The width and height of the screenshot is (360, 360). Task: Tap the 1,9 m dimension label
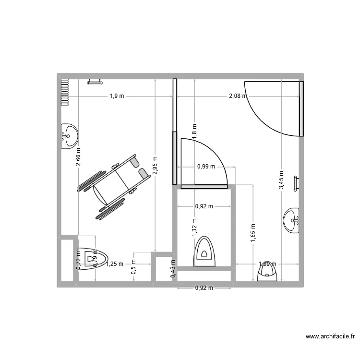pyautogui.click(x=117, y=96)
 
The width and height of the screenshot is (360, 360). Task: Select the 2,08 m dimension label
pyautogui.click(x=238, y=96)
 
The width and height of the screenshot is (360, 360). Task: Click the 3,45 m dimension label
pyautogui.click(x=282, y=181)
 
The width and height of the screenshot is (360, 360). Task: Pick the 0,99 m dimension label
pyautogui.click(x=206, y=167)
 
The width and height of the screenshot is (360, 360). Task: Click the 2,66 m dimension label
pyautogui.click(x=78, y=157)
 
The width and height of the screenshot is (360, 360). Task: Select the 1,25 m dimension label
pyautogui.click(x=114, y=264)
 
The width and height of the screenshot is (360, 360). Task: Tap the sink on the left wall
pyautogui.click(x=69, y=136)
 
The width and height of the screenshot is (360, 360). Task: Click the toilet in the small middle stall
pyautogui.click(x=205, y=252)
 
